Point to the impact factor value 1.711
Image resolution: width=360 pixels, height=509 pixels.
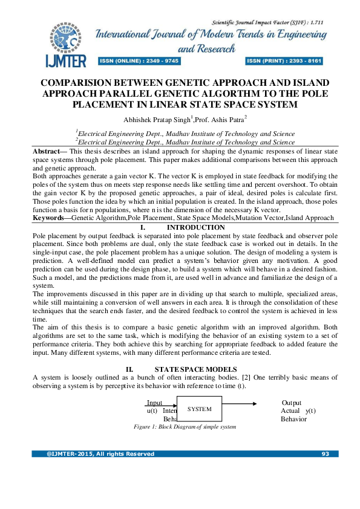coord(313,22)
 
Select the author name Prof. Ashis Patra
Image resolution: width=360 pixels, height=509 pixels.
coord(203,120)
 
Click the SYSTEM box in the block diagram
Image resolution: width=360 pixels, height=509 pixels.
coord(200,409)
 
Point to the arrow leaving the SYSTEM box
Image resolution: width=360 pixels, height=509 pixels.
coord(241,403)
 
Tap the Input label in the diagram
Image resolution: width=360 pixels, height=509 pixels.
coord(154,403)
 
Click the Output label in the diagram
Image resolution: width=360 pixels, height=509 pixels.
coord(292,403)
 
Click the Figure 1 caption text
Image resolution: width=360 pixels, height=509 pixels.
coord(185,427)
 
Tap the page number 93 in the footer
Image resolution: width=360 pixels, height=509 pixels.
coord(326,454)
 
